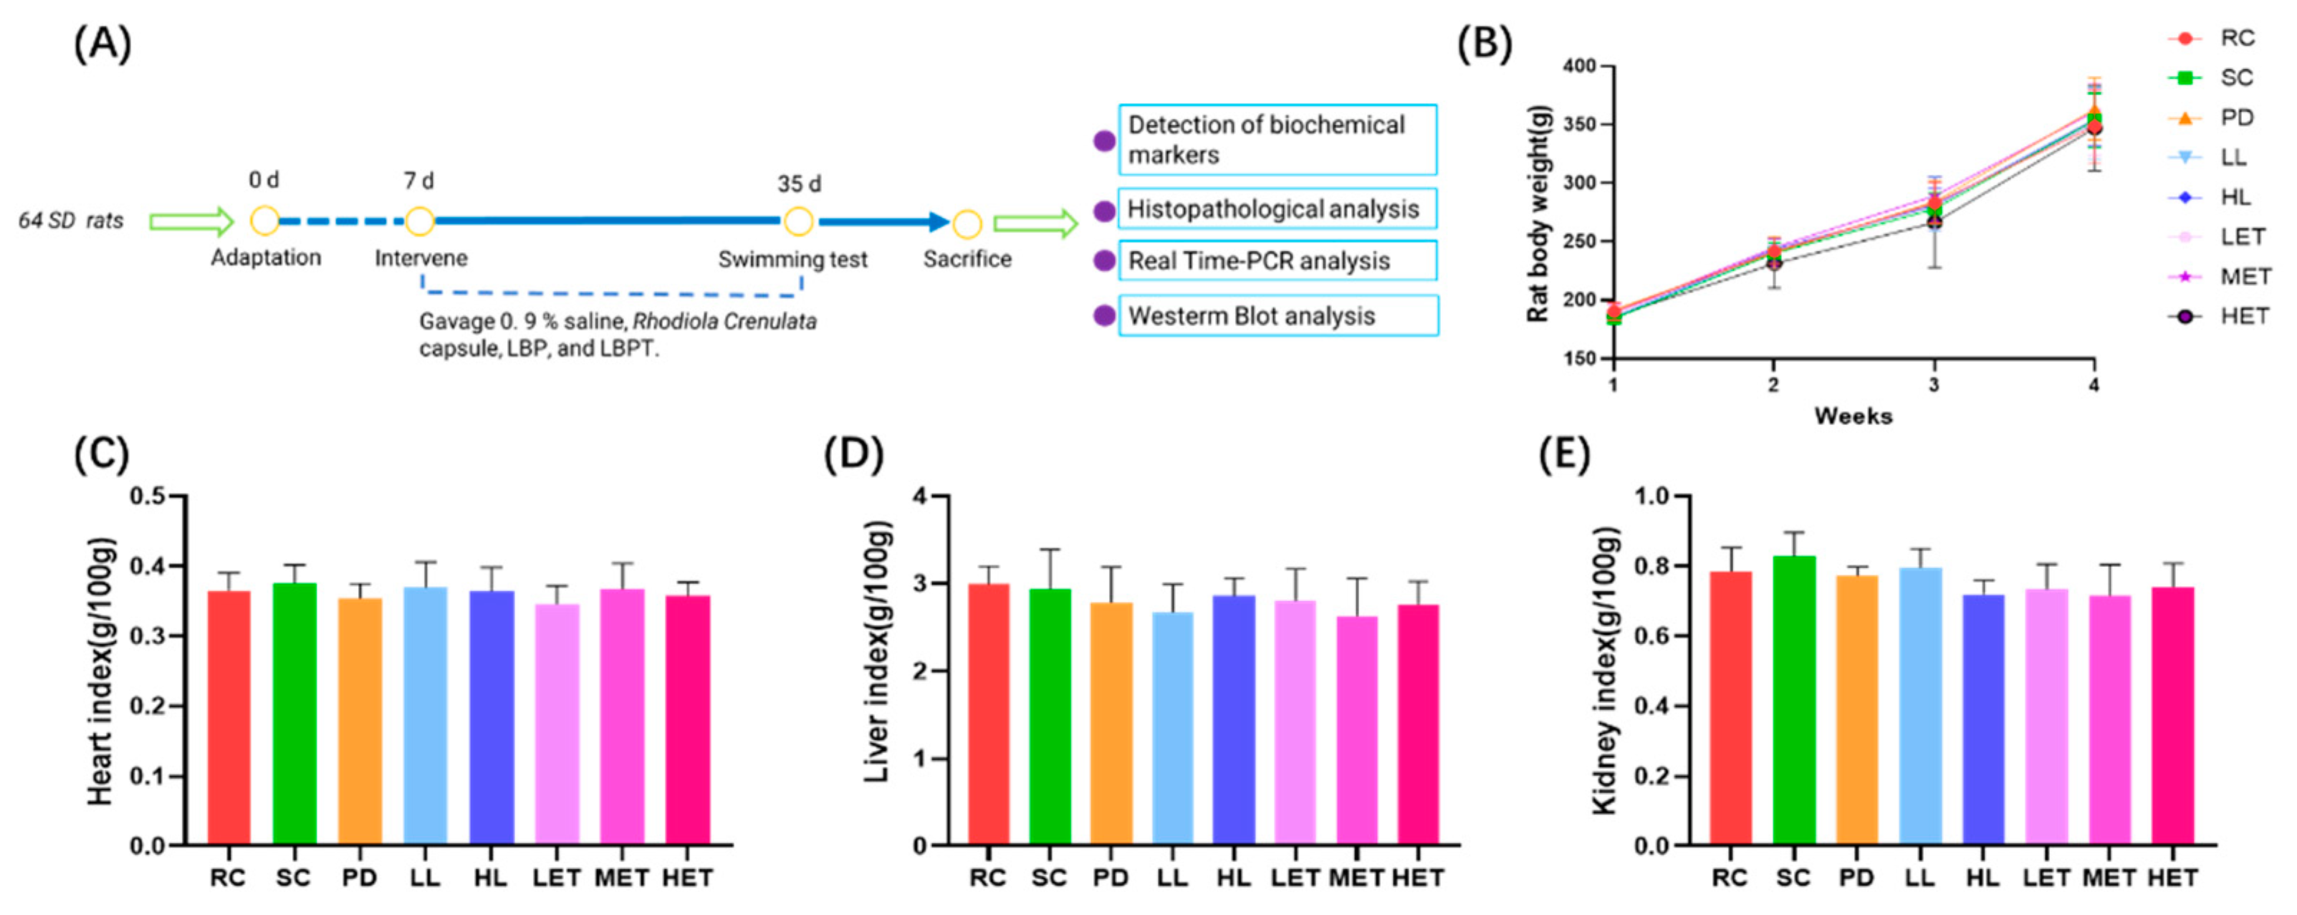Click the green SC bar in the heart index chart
click(294, 714)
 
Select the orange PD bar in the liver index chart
click(1111, 723)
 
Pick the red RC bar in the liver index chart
click(988, 714)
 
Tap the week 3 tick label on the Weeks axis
click(1933, 385)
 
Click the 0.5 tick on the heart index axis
click(148, 496)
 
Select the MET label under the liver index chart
click(1356, 878)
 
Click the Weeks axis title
click(1853, 416)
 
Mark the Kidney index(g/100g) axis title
click(1604, 670)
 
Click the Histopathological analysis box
click(1277, 209)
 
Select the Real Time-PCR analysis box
click(1277, 262)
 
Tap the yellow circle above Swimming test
click(798, 221)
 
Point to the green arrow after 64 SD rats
click(191, 221)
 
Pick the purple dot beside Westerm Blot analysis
click(1104, 316)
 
